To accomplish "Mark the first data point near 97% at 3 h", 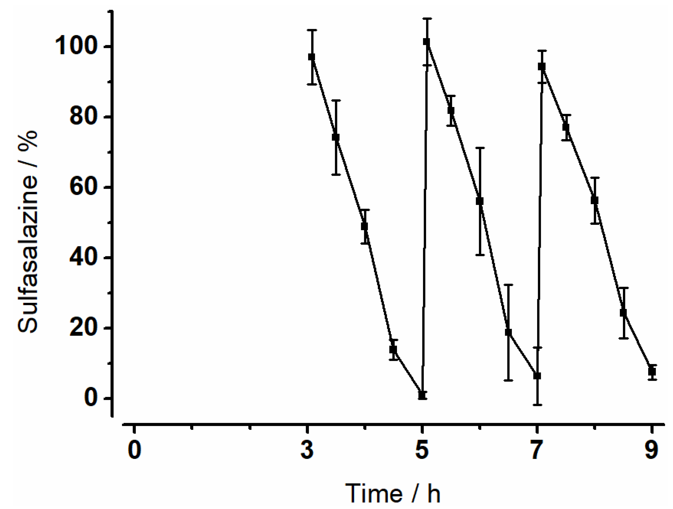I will pos(311,57).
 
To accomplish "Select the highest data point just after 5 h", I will pos(427,42).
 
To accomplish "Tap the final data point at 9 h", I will pos(652,372).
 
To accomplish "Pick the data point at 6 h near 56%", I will pos(480,201).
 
